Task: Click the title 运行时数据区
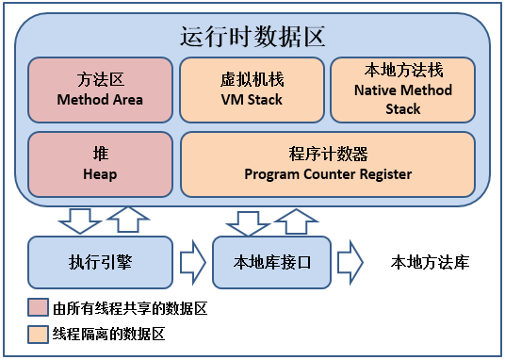click(x=252, y=38)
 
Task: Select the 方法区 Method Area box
click(x=99, y=90)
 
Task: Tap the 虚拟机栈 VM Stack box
click(x=251, y=90)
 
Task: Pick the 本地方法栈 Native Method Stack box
click(x=403, y=90)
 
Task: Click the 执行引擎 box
click(x=99, y=262)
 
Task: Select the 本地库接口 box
click(x=271, y=262)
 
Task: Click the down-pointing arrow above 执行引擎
click(x=79, y=221)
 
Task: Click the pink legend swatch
click(x=38, y=308)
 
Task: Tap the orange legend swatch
click(x=38, y=334)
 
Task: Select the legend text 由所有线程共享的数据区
click(x=129, y=308)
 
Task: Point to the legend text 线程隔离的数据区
click(x=109, y=334)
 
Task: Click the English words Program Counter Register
click(x=328, y=174)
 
